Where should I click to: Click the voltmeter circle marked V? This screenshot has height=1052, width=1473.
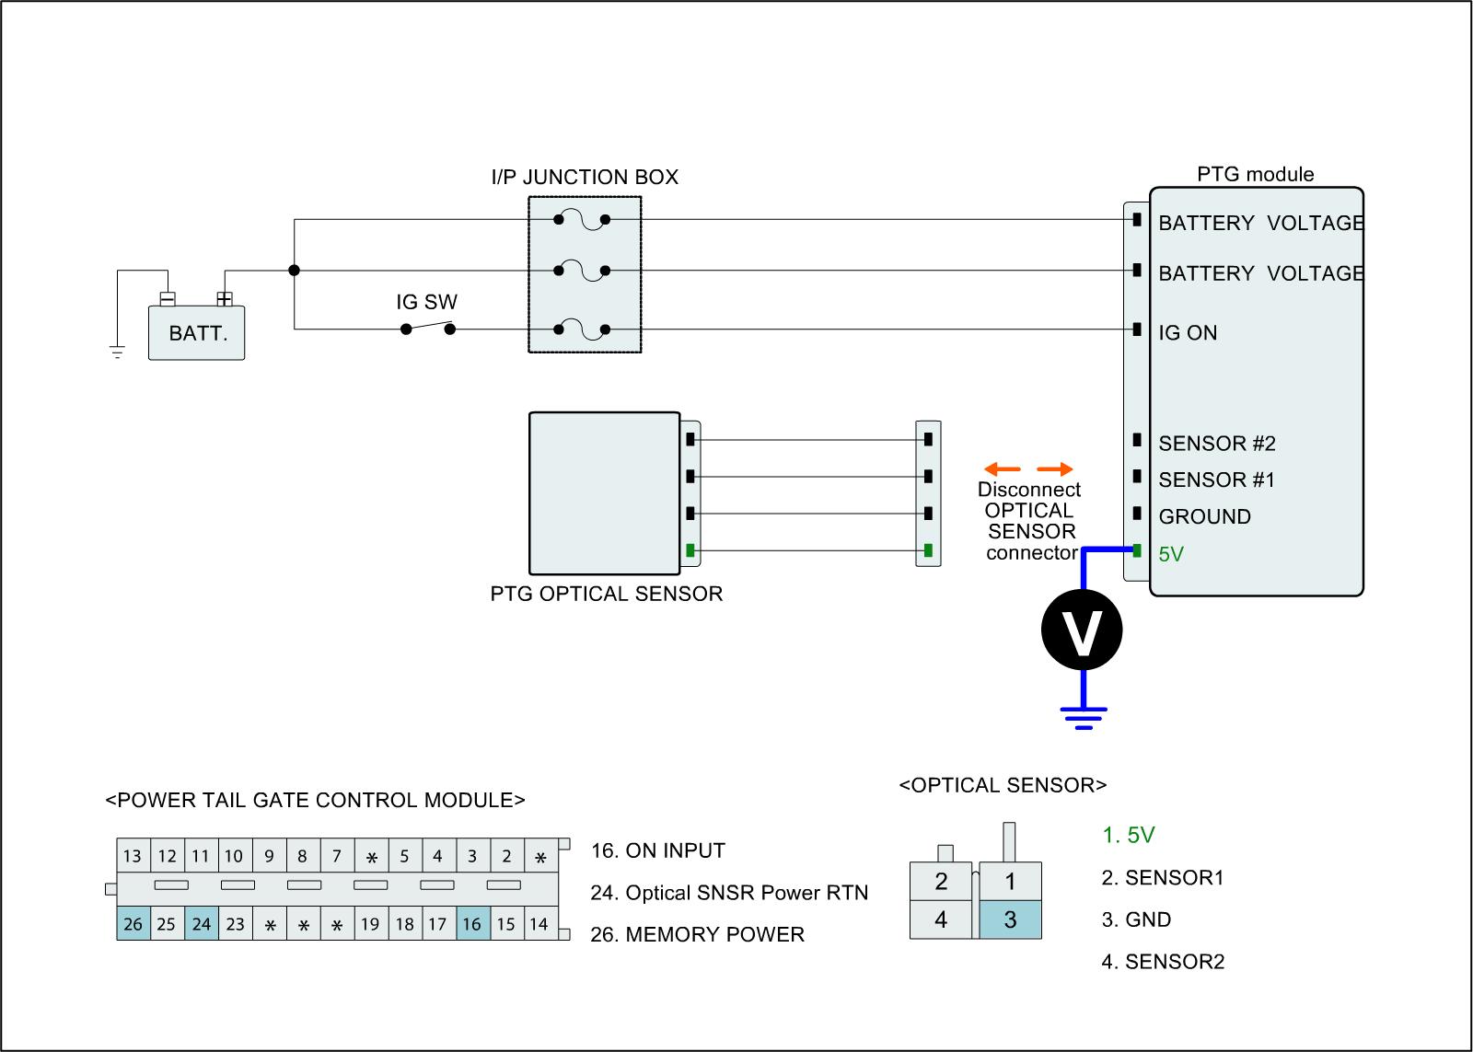point(1082,630)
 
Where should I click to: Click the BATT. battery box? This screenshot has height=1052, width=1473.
point(197,333)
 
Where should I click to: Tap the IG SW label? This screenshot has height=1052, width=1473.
point(426,302)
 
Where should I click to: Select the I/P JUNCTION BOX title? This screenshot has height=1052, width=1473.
point(585,178)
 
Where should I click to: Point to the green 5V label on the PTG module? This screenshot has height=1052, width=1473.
point(1171,554)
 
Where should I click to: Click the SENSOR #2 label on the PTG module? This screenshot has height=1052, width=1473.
point(1216,444)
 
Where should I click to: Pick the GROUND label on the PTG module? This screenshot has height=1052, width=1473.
point(1204,517)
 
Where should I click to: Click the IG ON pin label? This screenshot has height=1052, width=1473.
point(1188,333)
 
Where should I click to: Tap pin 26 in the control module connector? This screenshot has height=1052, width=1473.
point(133,923)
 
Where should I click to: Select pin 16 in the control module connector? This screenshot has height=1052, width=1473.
point(471,923)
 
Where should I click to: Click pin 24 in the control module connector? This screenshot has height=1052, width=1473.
point(201,923)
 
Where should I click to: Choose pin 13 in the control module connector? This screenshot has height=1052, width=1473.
point(133,856)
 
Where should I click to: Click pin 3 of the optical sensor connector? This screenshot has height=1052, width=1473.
point(1010,919)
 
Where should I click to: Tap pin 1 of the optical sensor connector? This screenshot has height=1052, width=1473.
point(1010,882)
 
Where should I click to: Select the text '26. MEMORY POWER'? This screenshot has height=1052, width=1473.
point(697,935)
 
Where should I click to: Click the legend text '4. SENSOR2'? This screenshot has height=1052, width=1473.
point(1163,963)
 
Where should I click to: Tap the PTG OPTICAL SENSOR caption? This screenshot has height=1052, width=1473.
point(606,594)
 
